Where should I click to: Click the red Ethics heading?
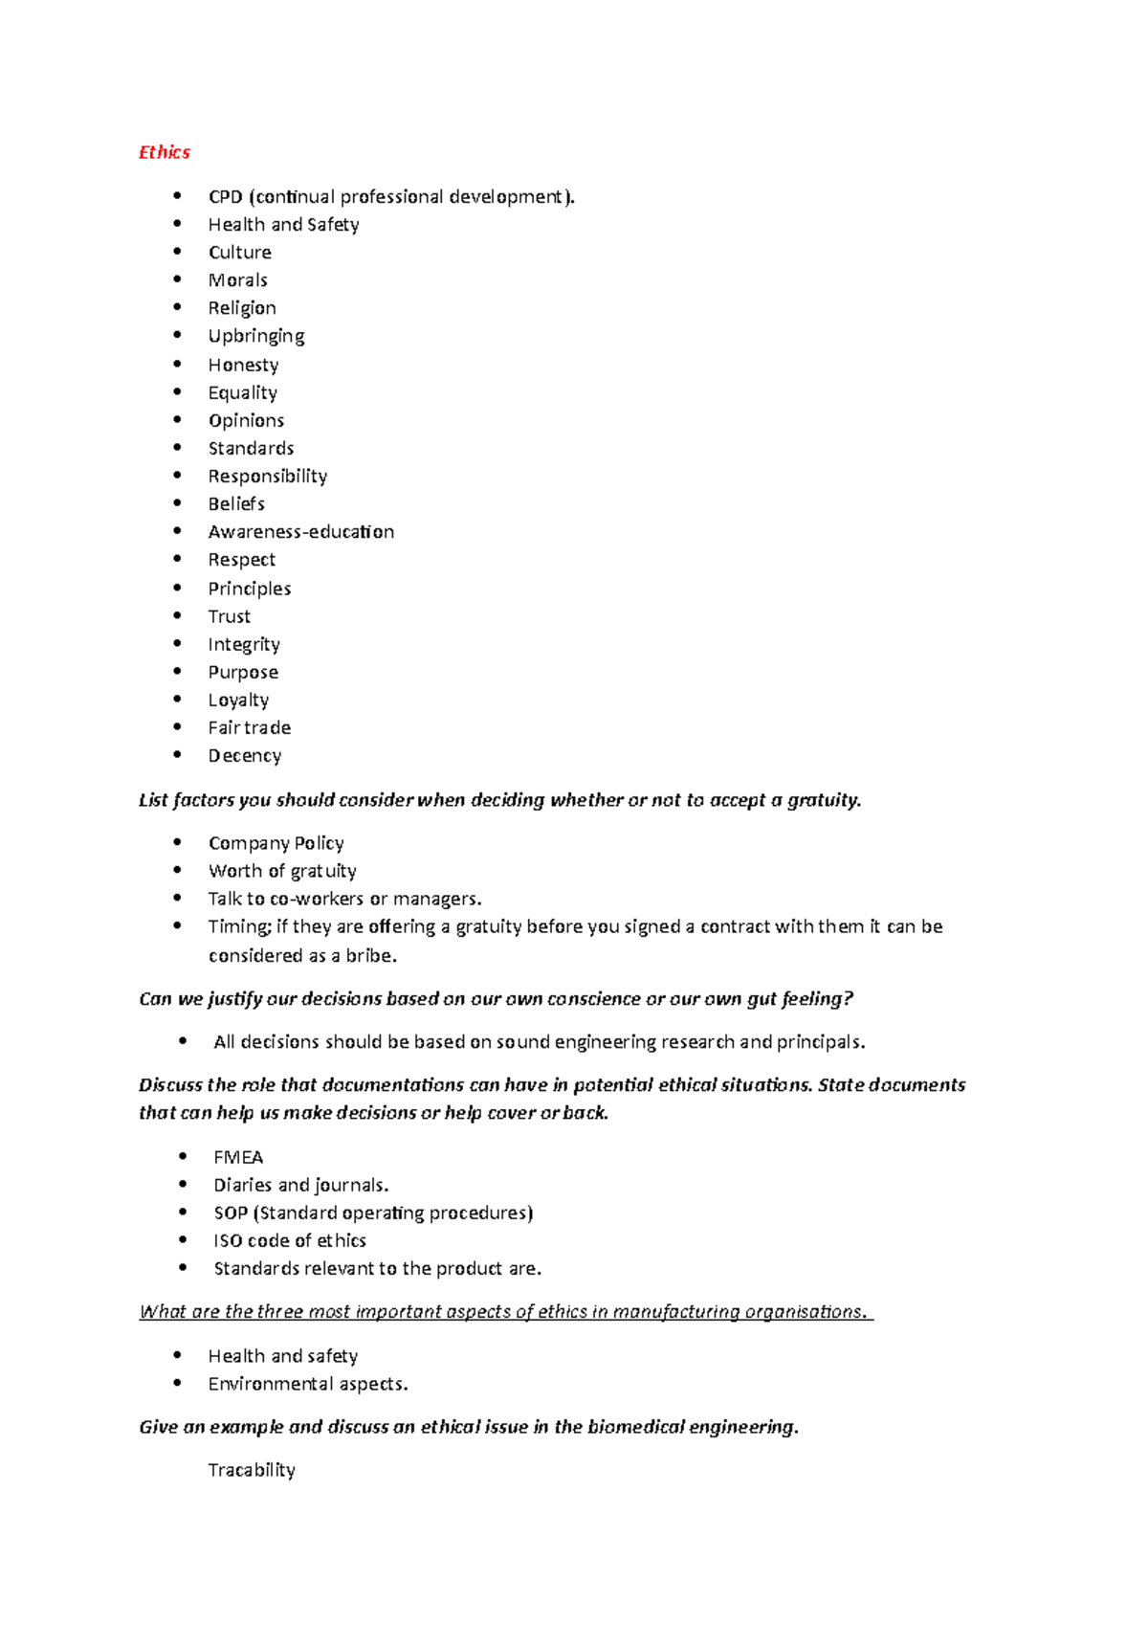(x=165, y=152)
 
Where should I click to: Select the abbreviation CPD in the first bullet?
(x=225, y=197)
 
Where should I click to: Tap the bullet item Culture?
(x=240, y=253)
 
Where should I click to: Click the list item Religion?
(x=242, y=308)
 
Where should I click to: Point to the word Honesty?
(x=243, y=365)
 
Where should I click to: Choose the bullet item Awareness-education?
(x=300, y=532)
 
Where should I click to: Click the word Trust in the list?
(x=229, y=616)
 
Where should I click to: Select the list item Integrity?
(x=244, y=644)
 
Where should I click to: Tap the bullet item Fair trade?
(x=249, y=728)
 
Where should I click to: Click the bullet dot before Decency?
(x=177, y=755)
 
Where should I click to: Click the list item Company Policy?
(x=276, y=843)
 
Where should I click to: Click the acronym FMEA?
(x=238, y=1157)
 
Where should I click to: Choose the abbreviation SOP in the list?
(x=231, y=1213)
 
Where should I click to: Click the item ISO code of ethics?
(x=290, y=1241)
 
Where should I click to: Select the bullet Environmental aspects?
(x=308, y=1384)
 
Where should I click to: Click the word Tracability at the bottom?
(x=252, y=1470)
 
